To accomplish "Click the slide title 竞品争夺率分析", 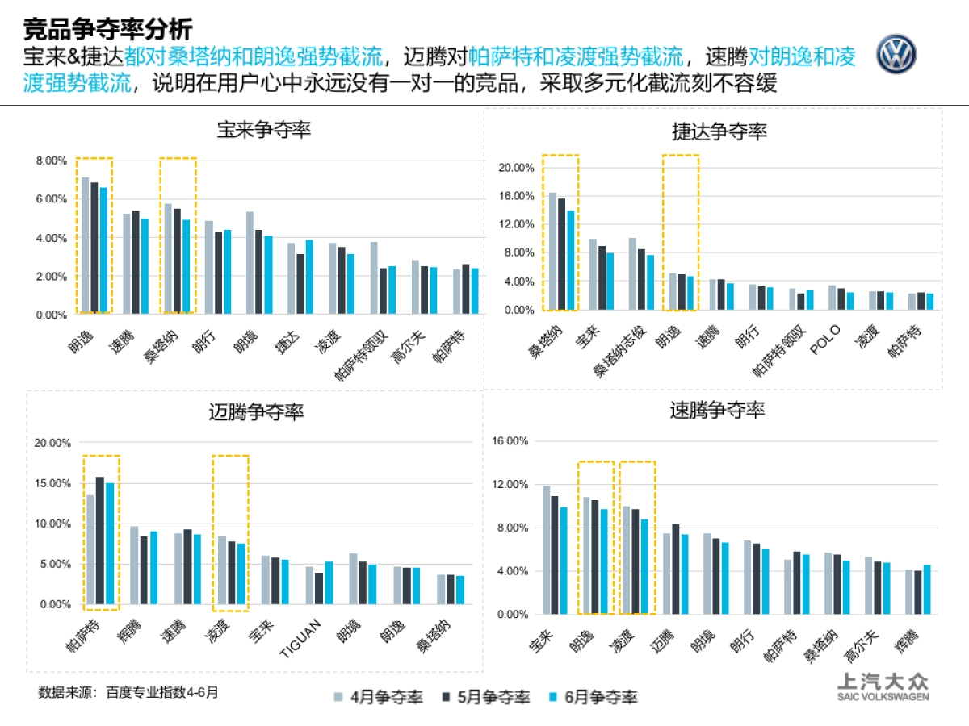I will coord(107,30).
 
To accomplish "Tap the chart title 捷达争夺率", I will coord(719,131).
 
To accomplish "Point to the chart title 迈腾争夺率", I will coord(256,412).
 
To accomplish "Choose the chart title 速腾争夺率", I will coord(717,410).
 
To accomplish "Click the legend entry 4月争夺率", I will coord(378,697).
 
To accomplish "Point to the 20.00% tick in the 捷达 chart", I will coord(516,168).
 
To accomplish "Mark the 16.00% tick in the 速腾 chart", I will coord(510,441).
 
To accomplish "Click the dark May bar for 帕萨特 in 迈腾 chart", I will coord(100,540).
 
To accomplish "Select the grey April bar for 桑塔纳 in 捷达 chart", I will coord(552,251).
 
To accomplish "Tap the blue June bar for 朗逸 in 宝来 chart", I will coord(103,250).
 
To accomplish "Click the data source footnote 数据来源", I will coord(128,691).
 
